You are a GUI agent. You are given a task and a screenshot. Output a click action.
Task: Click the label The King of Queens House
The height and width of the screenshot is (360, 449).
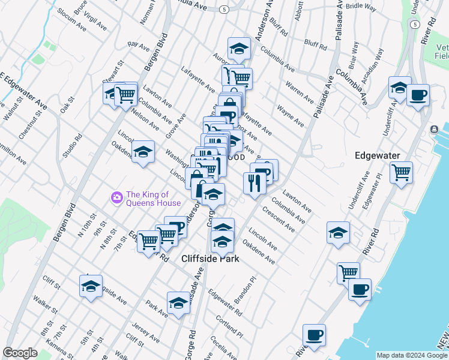148,198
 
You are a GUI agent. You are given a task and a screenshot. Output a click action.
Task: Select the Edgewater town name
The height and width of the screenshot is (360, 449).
377,155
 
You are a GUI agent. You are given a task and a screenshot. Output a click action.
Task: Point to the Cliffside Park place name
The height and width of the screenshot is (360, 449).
211,259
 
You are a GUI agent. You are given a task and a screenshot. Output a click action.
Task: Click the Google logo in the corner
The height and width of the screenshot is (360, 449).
20,353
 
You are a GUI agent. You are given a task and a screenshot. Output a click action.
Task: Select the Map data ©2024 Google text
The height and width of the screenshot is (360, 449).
412,355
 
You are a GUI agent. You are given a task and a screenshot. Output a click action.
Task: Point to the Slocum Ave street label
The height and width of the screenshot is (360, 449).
73,23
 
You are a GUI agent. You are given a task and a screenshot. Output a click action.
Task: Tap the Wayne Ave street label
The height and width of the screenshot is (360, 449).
290,116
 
